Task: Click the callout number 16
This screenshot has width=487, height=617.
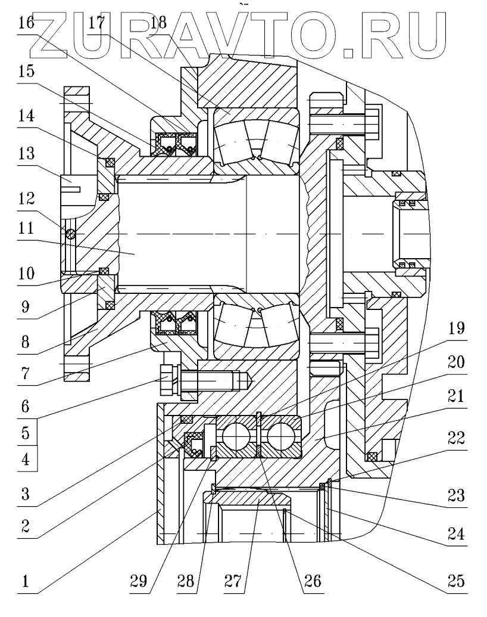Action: (26, 23)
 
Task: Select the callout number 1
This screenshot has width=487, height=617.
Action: (26, 581)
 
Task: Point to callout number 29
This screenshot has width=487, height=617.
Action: (138, 581)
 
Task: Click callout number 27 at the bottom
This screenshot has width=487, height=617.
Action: (233, 581)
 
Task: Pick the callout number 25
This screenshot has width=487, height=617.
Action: (456, 581)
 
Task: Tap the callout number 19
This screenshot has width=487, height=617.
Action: (456, 328)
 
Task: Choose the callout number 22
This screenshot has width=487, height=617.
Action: (456, 438)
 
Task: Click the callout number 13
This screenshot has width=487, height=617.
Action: (26, 153)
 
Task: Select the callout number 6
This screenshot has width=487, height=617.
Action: (26, 406)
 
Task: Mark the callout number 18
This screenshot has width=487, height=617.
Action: (158, 23)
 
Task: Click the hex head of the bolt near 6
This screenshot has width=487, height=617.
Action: (169, 380)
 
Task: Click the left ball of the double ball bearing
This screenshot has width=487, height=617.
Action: (233, 437)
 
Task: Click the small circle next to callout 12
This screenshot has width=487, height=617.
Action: (70, 234)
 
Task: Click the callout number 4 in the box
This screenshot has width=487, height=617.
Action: (26, 459)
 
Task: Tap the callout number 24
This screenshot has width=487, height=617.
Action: (456, 534)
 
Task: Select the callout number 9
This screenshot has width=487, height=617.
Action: (26, 306)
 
